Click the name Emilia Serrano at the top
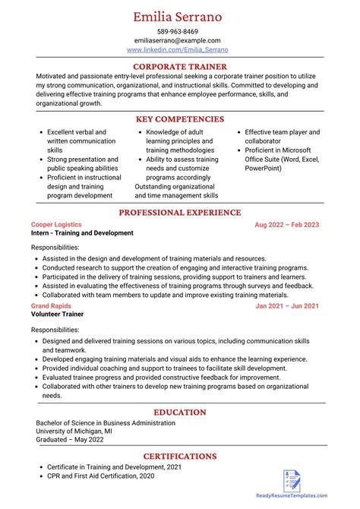180,16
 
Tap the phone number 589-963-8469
179,31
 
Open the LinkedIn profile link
177,49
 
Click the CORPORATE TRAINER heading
180,67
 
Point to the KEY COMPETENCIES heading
180,119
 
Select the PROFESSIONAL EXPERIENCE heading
180,213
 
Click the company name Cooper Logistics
56,225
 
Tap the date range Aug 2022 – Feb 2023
286,225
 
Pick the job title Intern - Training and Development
82,233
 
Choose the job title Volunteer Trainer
57,315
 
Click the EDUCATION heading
180,412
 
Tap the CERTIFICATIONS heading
180,457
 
